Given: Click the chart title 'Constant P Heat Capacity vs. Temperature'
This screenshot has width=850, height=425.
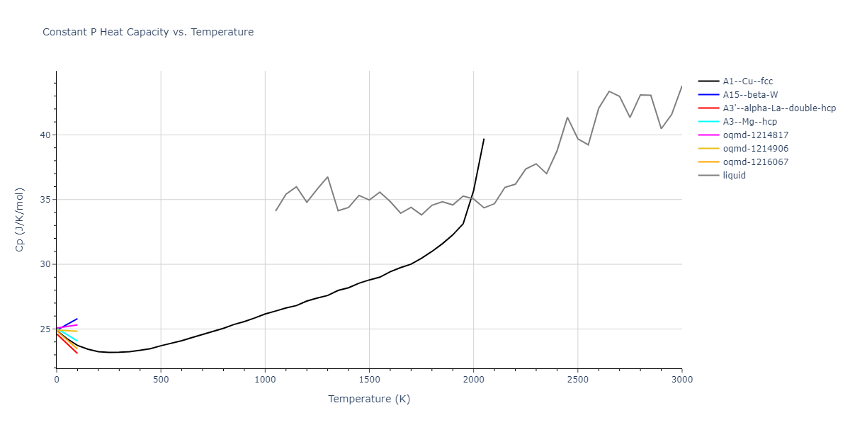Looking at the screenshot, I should [148, 32].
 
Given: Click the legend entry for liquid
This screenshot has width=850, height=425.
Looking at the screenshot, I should [734, 176].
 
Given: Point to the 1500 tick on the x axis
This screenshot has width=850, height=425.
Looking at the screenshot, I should [369, 380].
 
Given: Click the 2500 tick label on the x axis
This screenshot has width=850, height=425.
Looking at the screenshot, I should [577, 380].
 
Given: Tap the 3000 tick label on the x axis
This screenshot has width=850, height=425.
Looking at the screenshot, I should [681, 380].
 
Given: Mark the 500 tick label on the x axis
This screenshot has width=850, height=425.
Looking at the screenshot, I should [161, 380].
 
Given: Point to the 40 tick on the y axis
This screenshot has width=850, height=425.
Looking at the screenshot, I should [45, 135].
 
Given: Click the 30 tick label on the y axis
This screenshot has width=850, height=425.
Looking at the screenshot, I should [45, 264].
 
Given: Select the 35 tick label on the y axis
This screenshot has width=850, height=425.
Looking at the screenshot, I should [45, 200].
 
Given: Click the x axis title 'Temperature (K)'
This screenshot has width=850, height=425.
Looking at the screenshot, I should [369, 399].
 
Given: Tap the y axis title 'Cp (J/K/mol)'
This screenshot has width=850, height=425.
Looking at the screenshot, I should [19, 220].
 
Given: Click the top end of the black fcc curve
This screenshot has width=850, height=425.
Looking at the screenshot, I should [484, 139].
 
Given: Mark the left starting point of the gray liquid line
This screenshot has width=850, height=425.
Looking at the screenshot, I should [276, 210].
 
